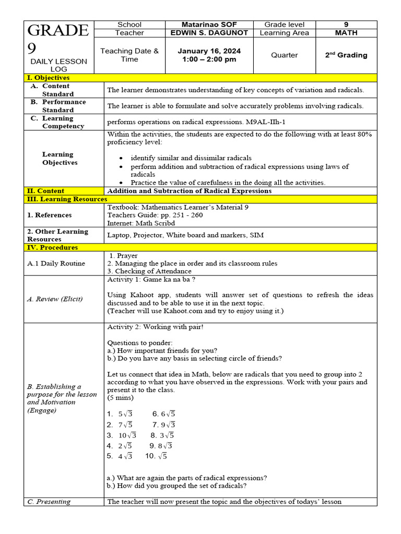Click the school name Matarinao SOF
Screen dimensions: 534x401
pyautogui.click(x=209, y=25)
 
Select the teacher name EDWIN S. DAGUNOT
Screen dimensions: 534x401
pyautogui.click(x=209, y=33)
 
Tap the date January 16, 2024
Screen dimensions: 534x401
pyautogui.click(x=209, y=51)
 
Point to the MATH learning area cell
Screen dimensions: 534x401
pyautogui.click(x=346, y=33)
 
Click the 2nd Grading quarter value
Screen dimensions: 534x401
pyautogui.click(x=346, y=55)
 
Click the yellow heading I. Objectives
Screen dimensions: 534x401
pyautogui.click(x=48, y=78)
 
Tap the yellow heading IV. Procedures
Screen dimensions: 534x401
pyautogui.click(x=52, y=248)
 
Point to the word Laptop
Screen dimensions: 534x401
pyautogui.click(x=119, y=235)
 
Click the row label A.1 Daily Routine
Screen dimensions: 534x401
pyautogui.click(x=56, y=263)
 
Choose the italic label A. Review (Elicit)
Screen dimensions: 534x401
pyautogui.click(x=55, y=299)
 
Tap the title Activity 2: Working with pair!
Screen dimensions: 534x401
pyautogui.click(x=155, y=327)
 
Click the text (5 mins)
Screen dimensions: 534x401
pyautogui.click(x=120, y=398)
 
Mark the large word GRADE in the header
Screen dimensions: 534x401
pyautogui.click(x=58, y=31)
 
